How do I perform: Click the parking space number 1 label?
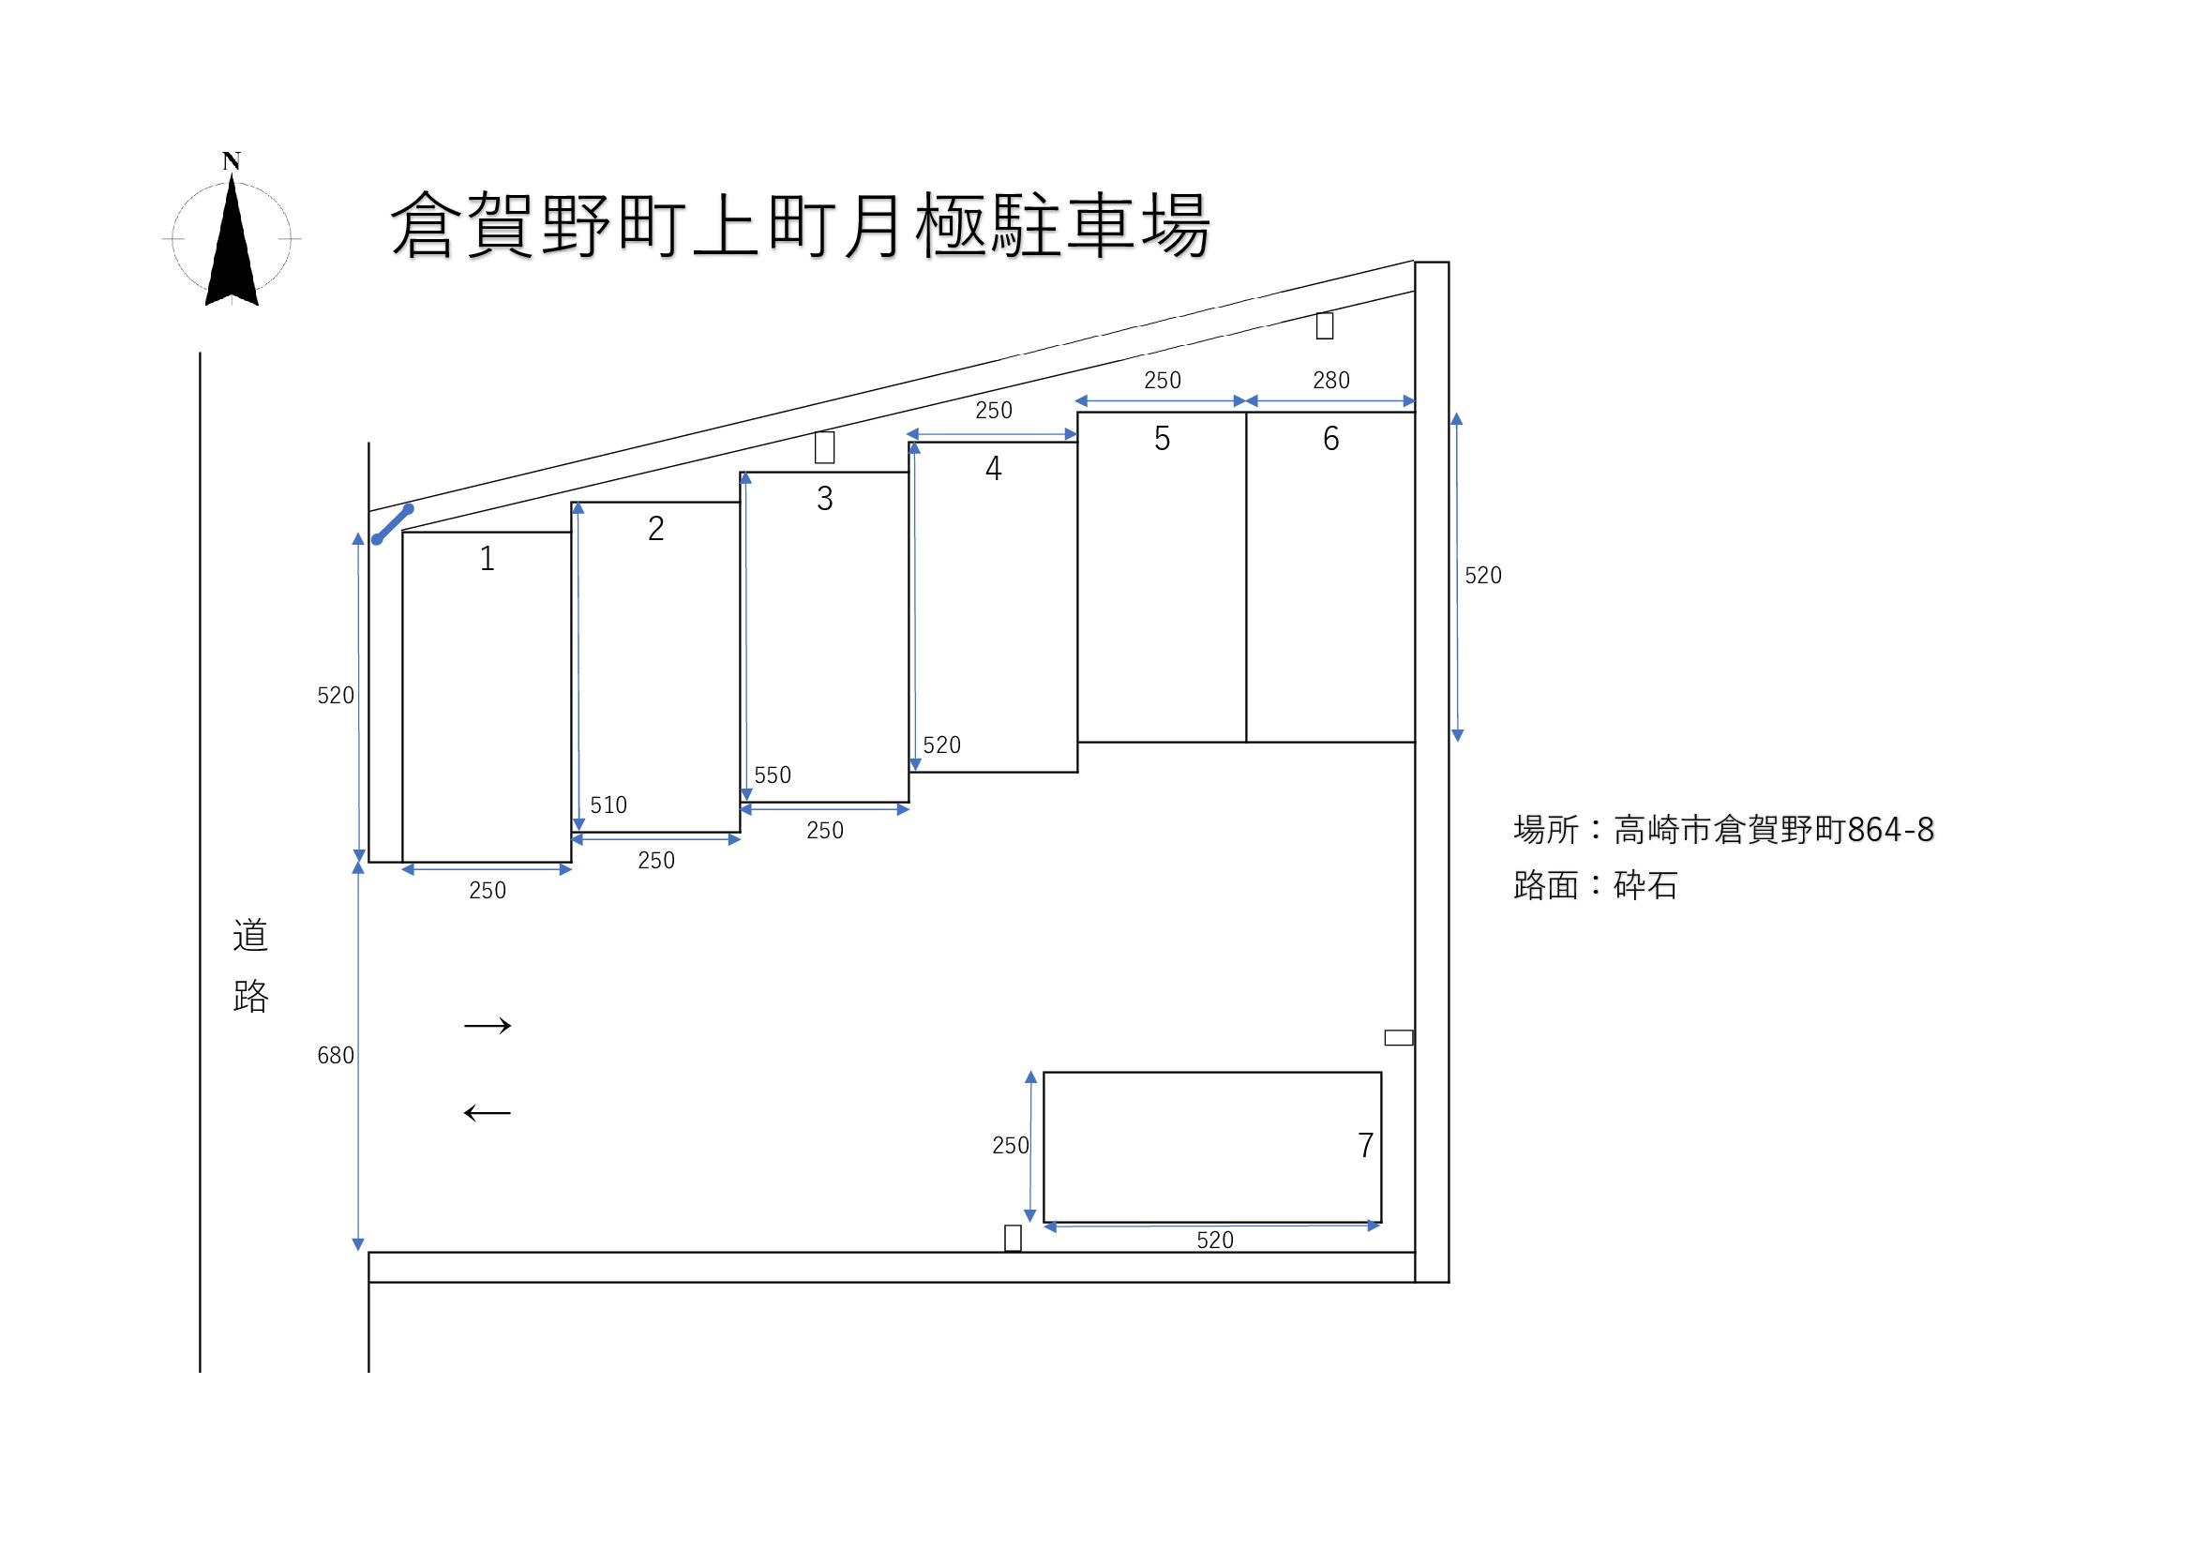tap(488, 559)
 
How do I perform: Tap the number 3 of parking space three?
tap(824, 499)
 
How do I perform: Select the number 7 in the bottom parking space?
tap(1365, 1145)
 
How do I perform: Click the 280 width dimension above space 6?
tap(1330, 381)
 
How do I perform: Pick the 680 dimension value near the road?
tap(336, 1055)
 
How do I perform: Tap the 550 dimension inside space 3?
tap(773, 775)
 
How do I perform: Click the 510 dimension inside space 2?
tap(608, 805)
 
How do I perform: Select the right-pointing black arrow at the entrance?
tap(488, 1026)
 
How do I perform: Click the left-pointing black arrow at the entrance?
tap(488, 1113)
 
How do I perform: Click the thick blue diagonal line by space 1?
tap(393, 524)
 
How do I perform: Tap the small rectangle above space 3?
tap(824, 447)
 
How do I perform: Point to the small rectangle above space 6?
tap(1324, 325)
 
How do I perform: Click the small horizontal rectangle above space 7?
tap(1398, 1038)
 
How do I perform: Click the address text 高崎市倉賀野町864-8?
tap(1774, 830)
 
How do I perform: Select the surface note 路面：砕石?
tap(1595, 886)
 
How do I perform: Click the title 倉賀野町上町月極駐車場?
tap(801, 226)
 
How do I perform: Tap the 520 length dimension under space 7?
tap(1215, 1241)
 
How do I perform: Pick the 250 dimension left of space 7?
tap(1010, 1146)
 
